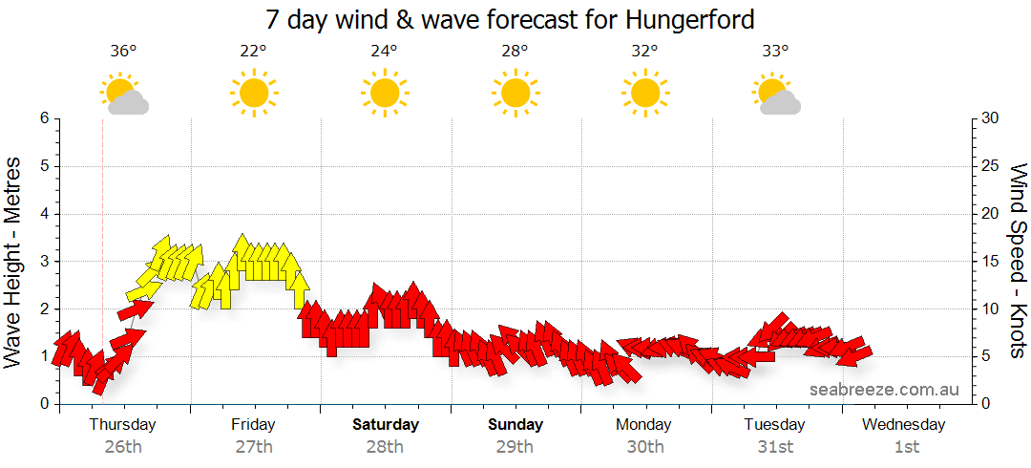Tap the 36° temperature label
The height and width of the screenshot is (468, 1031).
(123, 52)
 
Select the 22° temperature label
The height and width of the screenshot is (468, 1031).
(253, 52)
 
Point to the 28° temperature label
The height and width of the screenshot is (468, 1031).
(515, 52)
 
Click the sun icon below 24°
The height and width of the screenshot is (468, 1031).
(384, 93)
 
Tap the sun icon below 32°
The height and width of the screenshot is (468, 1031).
(644, 93)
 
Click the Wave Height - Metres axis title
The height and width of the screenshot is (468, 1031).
(14, 262)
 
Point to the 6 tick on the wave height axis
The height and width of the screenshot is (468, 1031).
(44, 118)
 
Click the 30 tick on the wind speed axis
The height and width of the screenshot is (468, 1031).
(991, 118)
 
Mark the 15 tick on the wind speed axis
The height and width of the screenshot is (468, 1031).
(991, 262)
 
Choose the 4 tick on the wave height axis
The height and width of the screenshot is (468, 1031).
(44, 214)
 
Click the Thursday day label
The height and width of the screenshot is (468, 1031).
(123, 425)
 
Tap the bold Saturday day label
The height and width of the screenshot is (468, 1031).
(386, 425)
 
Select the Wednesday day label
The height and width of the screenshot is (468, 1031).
(906, 425)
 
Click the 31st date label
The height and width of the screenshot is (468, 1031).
(776, 447)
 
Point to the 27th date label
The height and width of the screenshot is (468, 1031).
(254, 447)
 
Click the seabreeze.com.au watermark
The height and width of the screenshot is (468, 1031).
(884, 390)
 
